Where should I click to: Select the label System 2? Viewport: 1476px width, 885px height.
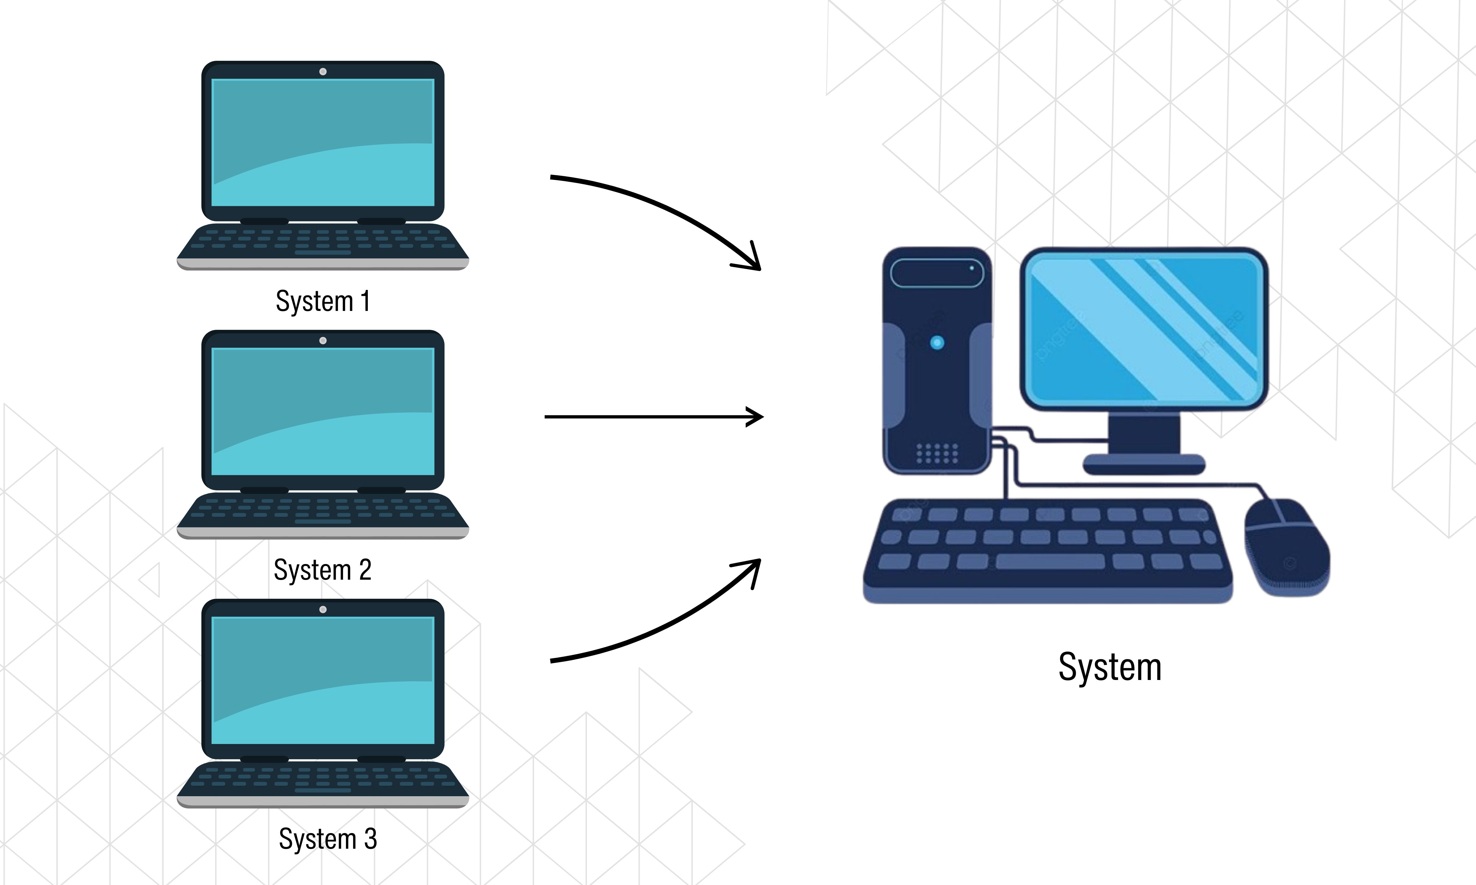[x=323, y=570]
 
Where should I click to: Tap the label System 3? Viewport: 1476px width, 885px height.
[x=328, y=839]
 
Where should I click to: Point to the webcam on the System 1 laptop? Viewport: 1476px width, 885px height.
[x=323, y=72]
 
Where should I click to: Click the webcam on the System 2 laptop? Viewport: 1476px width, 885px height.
[x=323, y=340]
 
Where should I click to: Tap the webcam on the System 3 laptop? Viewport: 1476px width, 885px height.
[x=323, y=609]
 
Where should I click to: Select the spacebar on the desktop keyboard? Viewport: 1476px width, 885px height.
[x=1050, y=561]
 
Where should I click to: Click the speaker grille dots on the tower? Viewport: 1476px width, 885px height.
[x=937, y=453]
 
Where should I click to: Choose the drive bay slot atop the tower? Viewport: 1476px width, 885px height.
[x=937, y=273]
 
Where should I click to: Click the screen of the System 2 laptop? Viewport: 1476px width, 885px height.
[x=323, y=412]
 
